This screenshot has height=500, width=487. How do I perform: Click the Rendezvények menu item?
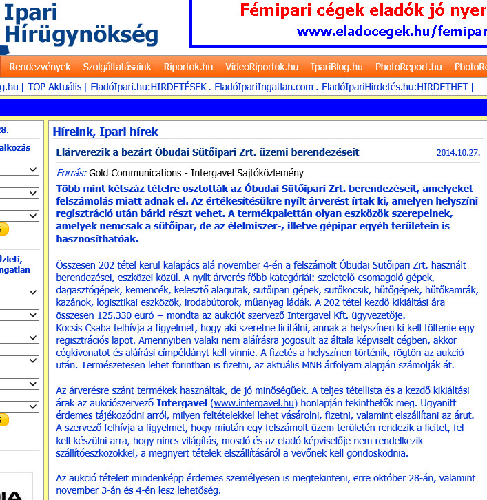(x=40, y=67)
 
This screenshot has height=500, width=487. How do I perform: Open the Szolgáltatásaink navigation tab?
(x=117, y=67)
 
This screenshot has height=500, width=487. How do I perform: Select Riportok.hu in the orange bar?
(x=188, y=67)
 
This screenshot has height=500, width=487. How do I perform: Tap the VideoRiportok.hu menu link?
(x=262, y=67)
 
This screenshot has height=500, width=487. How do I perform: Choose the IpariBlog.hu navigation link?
(x=337, y=67)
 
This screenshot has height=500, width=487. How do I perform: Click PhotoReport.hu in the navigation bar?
(x=408, y=67)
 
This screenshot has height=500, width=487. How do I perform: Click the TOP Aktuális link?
(x=55, y=87)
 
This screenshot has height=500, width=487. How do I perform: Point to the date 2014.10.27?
(x=457, y=153)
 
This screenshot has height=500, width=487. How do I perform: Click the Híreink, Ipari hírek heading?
(x=105, y=132)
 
